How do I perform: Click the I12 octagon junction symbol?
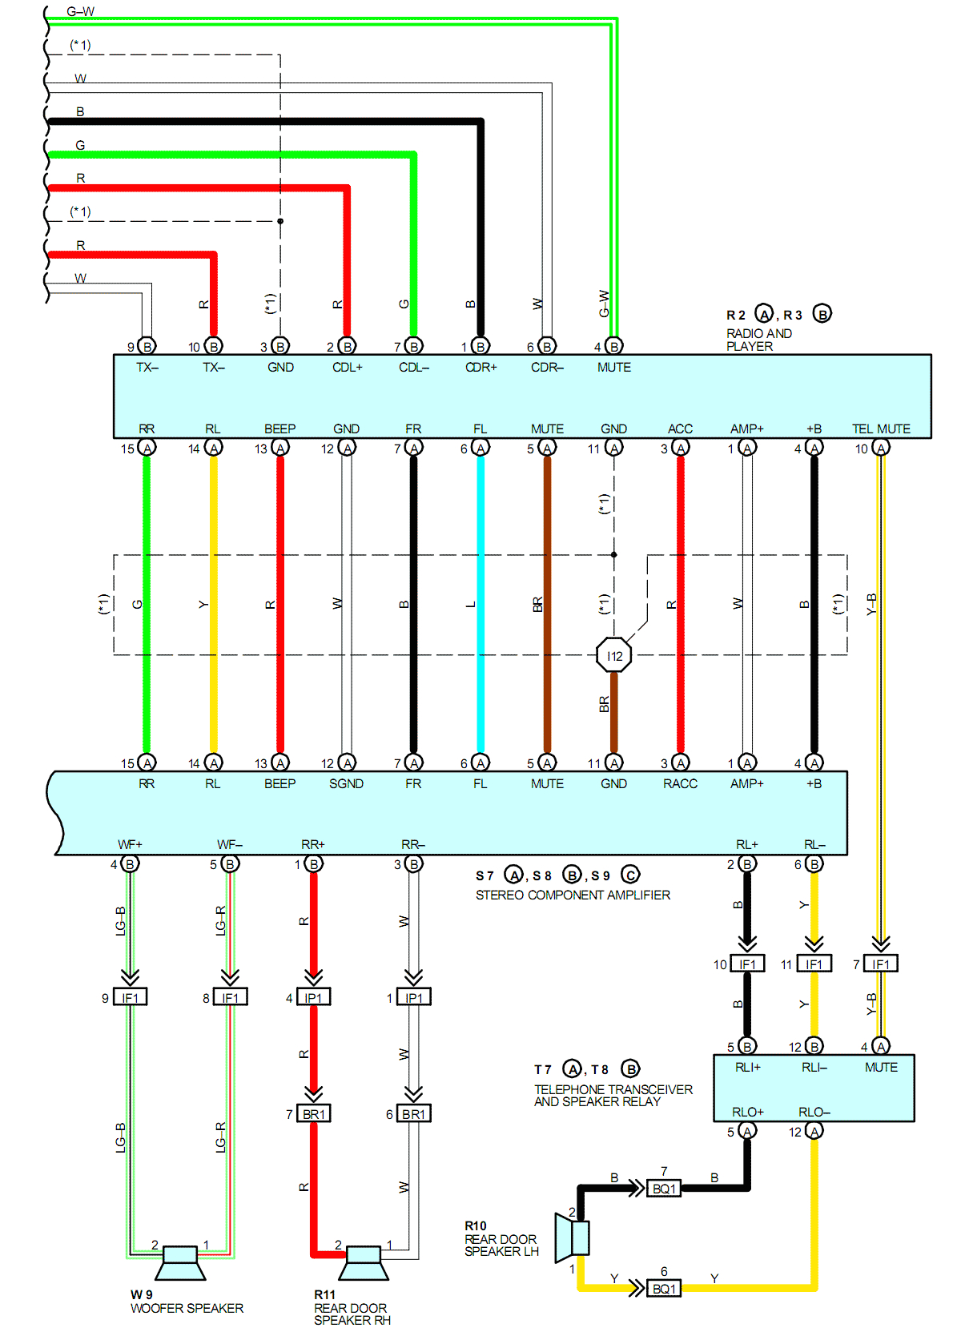click(614, 655)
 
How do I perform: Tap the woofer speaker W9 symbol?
click(180, 1262)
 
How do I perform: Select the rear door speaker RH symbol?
click(364, 1262)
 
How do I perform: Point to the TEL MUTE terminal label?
click(881, 429)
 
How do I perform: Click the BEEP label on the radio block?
click(279, 429)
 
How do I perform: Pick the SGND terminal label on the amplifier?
click(346, 783)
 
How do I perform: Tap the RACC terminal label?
click(680, 783)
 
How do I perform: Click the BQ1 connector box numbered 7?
click(664, 1189)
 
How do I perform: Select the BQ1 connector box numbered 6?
click(664, 1289)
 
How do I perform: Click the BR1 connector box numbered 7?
click(313, 1113)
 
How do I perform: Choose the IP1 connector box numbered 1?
click(413, 997)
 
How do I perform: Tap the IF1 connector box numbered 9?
click(130, 997)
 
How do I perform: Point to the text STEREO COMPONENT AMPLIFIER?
click(573, 895)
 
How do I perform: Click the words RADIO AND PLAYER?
click(758, 340)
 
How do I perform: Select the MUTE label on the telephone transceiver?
click(881, 1067)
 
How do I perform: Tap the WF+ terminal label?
click(130, 844)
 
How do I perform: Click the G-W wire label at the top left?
click(80, 11)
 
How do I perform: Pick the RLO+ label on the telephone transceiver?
click(747, 1112)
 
